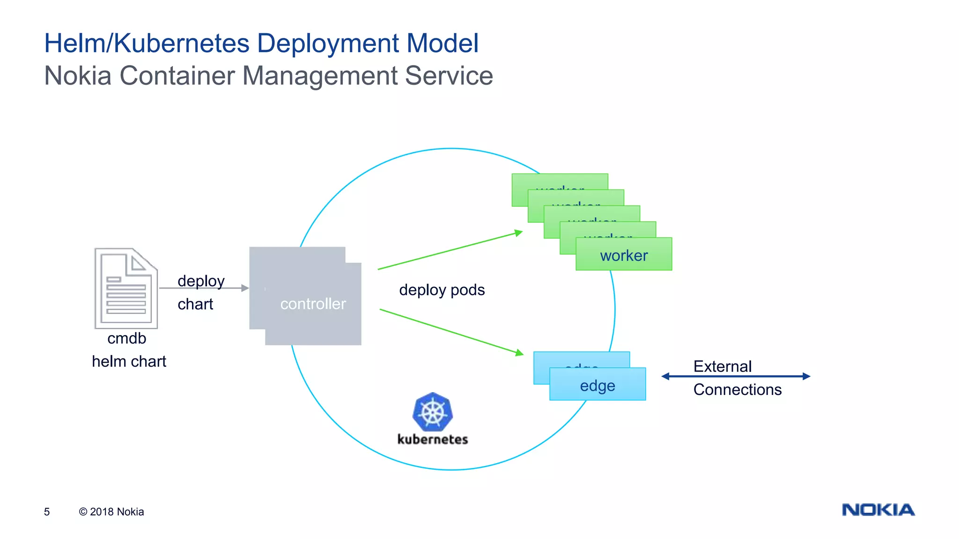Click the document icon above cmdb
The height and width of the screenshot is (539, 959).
125,288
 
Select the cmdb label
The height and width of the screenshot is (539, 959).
126,338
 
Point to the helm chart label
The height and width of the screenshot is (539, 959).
129,362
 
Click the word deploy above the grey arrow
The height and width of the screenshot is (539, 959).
201,281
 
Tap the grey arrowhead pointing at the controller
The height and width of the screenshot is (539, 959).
245,288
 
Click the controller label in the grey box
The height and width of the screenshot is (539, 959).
313,304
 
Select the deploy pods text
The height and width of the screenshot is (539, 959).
442,290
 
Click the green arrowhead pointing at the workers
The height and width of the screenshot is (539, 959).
518,233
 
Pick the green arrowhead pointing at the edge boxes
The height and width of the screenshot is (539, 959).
519,353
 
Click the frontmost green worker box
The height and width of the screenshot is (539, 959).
624,255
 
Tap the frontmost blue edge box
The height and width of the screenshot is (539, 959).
598,386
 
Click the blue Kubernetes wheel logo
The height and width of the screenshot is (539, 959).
433,412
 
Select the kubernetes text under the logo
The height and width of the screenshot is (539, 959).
433,439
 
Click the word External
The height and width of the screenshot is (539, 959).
722,366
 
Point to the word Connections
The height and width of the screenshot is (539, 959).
737,390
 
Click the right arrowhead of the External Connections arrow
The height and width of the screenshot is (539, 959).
806,376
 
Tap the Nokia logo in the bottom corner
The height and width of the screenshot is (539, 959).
878,510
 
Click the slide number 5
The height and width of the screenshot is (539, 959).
47,512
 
